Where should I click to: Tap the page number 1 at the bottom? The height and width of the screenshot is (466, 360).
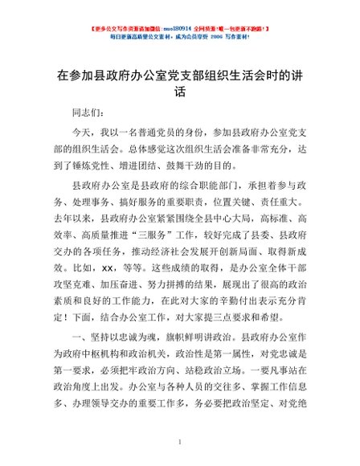coord(180,442)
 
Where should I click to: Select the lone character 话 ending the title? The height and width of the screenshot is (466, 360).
coord(180,92)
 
